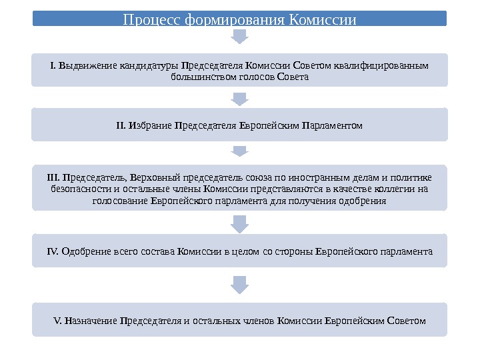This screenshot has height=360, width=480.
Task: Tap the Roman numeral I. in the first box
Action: pyautogui.click(x=53, y=65)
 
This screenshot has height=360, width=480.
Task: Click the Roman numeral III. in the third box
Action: pyautogui.click(x=54, y=177)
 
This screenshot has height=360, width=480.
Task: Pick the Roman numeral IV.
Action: pyautogui.click(x=53, y=251)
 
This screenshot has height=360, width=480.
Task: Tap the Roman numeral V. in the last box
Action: pyautogui.click(x=57, y=321)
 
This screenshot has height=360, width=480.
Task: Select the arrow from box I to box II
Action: pyautogui.click(x=239, y=99)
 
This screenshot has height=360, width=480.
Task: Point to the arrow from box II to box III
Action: pyautogui.click(x=239, y=152)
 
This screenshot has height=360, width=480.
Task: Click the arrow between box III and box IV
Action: pyautogui.click(x=239, y=223)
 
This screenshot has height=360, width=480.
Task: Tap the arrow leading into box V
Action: pyautogui.click(x=239, y=285)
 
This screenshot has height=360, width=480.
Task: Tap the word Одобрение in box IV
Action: pyautogui.click(x=83, y=251)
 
